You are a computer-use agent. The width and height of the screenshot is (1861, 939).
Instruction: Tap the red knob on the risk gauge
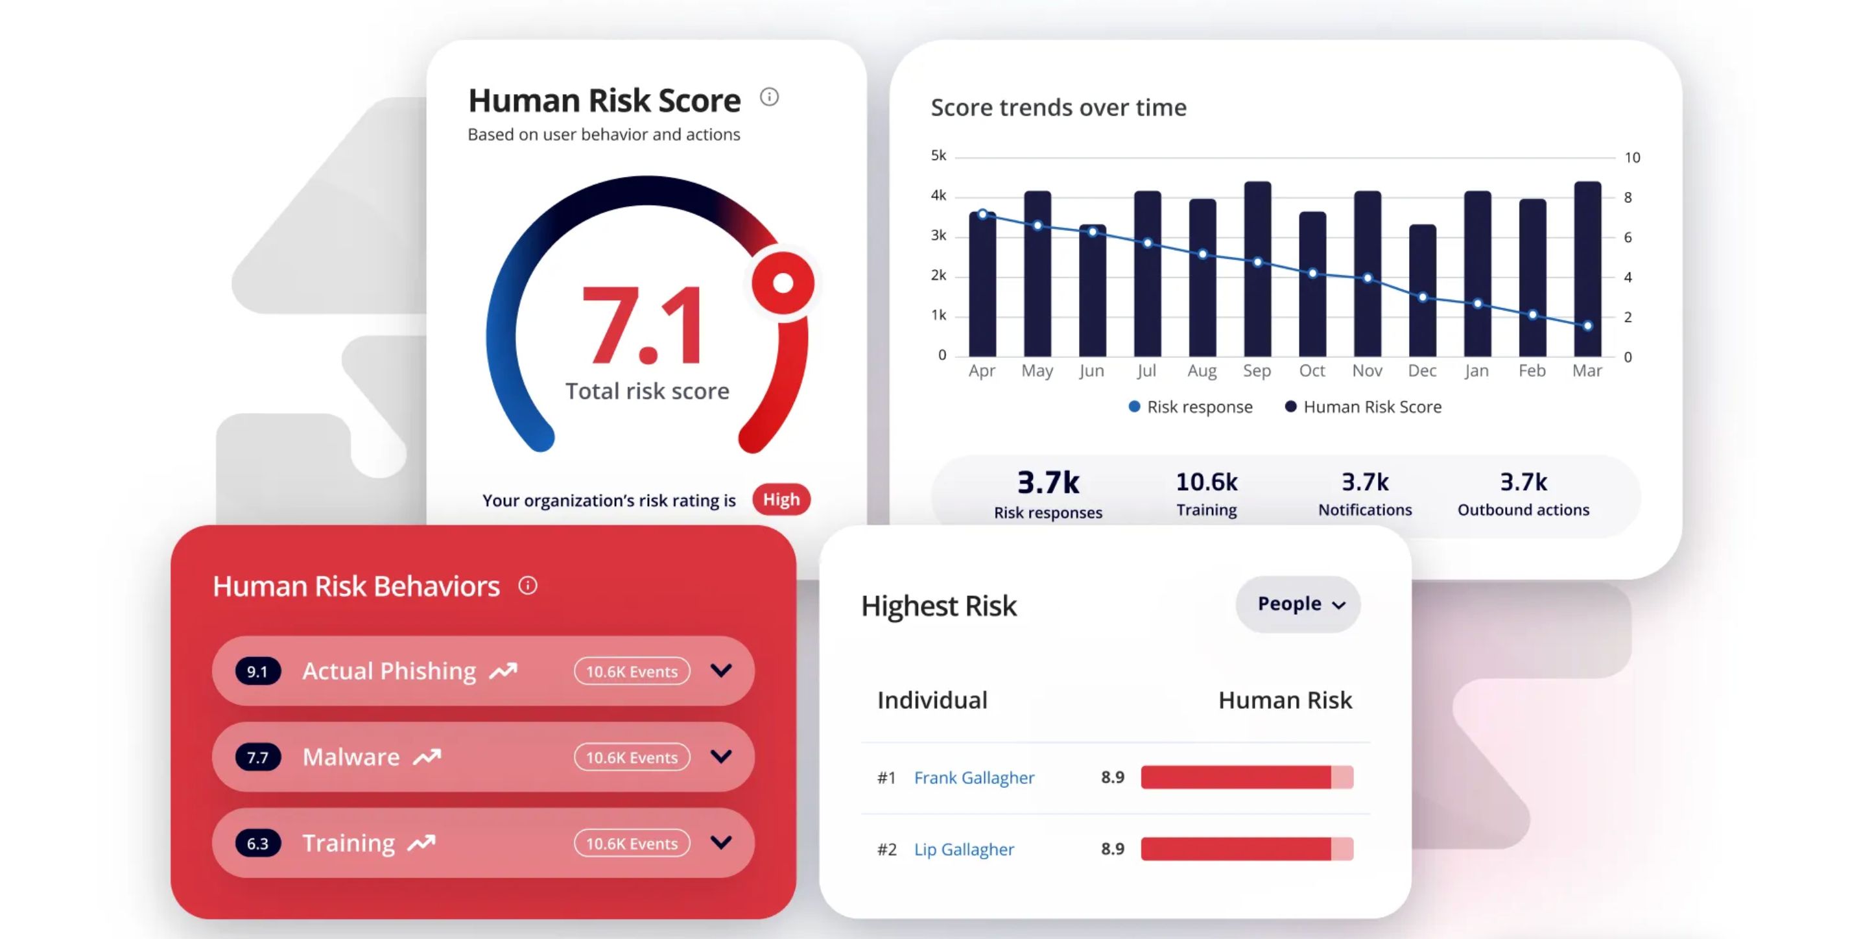[x=783, y=283]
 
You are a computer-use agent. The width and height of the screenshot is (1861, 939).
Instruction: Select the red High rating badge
[x=781, y=499]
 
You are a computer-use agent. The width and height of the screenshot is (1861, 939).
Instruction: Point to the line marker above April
[x=982, y=214]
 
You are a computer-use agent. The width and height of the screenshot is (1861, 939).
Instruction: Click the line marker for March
[x=1587, y=326]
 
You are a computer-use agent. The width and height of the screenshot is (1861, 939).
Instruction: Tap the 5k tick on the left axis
[x=938, y=155]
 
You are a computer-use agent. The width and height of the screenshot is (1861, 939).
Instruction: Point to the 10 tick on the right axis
[x=1632, y=158]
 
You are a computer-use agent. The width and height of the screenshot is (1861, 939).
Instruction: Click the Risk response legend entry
[x=1191, y=407]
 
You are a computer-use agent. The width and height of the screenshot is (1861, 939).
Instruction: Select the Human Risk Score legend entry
[x=1363, y=407]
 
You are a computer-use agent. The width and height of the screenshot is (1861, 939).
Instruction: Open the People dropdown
[x=1298, y=604]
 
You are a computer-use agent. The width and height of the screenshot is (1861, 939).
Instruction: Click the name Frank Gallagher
[x=974, y=777]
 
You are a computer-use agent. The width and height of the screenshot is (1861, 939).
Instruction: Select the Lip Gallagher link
[x=964, y=849]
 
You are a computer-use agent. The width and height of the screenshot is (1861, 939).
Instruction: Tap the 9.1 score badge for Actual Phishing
[x=257, y=671]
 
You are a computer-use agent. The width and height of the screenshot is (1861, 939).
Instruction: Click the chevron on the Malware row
[x=721, y=756]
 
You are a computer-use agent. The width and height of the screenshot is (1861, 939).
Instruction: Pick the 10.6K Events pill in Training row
[x=632, y=843]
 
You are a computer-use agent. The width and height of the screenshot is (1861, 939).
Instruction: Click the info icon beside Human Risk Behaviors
[x=528, y=585]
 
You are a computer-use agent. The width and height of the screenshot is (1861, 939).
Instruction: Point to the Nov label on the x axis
[x=1367, y=370]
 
